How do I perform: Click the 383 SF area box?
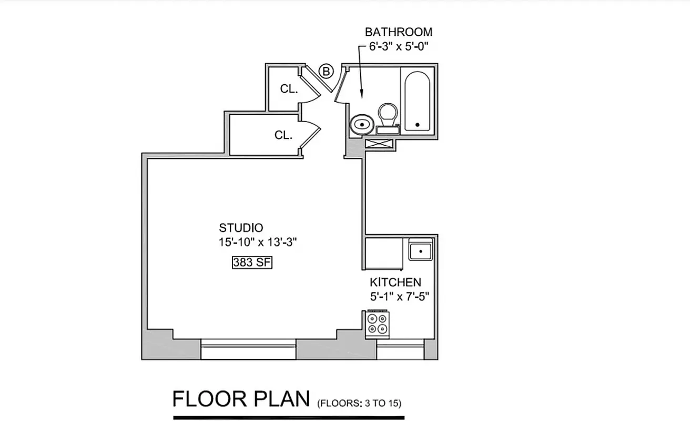pos(252,262)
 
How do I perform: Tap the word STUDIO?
pos(241,228)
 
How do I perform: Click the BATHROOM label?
pos(399,32)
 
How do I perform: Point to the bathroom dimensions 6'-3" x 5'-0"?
pos(399,46)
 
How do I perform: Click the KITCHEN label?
pos(395,282)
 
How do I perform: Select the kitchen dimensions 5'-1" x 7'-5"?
pos(400,296)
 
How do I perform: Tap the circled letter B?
pos(327,71)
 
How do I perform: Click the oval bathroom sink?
pos(362,125)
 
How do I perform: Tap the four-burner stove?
pos(377,324)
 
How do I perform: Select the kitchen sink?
pos(421,251)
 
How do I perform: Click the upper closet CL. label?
pos(289,89)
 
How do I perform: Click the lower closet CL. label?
pos(283,135)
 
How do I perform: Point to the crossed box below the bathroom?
pos(379,144)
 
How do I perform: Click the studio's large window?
pos(248,349)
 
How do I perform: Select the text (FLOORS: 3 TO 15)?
pos(359,404)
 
